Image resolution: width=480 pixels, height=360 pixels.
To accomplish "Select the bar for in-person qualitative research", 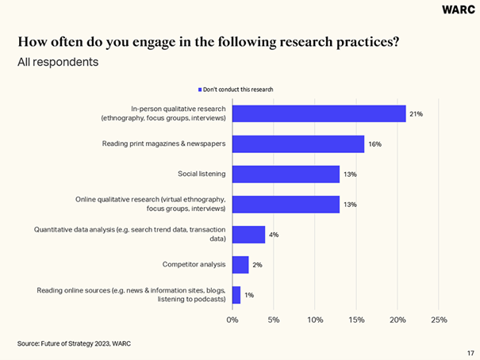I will tap(319, 113).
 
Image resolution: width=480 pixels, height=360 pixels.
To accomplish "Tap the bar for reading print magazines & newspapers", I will tap(298, 144).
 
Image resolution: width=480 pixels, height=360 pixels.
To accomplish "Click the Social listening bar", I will tap(286, 174).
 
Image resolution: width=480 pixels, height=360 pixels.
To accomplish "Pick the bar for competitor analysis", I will tap(240, 264).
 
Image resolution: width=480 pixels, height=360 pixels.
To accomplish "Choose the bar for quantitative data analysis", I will tap(248, 234).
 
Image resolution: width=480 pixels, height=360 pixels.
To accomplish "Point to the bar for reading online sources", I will tap(236, 294).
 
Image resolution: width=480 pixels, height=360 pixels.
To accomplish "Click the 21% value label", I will tap(416, 114).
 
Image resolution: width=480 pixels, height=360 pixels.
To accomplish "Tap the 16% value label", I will tap(374, 144).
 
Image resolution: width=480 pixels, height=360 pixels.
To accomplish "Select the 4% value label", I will tap(275, 235).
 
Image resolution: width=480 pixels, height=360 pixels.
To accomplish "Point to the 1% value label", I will tap(249, 295).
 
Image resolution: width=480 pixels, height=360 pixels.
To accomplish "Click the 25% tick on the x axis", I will tap(439, 320).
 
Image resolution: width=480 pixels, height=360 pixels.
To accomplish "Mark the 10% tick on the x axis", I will tap(315, 320).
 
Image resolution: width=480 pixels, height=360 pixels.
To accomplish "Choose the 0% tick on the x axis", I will tap(232, 320).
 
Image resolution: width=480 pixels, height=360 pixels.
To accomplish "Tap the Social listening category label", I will tap(202, 174).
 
